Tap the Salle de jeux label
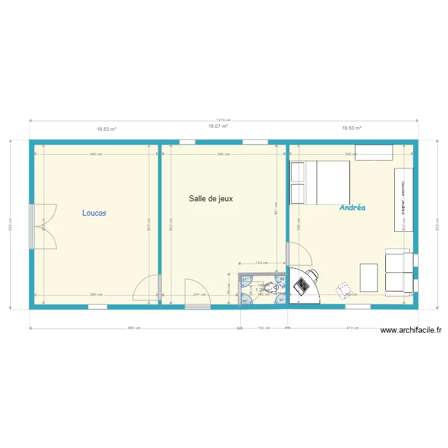tap(211, 199)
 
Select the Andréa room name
tap(352, 208)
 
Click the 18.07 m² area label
tap(217, 127)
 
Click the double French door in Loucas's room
tap(45, 226)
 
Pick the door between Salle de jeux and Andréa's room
tap(299, 254)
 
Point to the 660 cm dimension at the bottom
tap(134, 328)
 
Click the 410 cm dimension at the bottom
tap(352, 328)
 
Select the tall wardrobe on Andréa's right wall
tap(403, 200)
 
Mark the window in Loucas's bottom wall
tap(97, 307)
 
